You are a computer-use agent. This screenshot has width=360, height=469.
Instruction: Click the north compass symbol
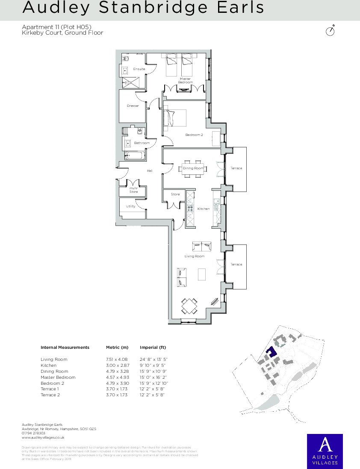tap(330, 31)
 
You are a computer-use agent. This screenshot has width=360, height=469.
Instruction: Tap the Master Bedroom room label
tap(186, 80)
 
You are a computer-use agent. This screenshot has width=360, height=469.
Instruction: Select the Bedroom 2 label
tap(194, 135)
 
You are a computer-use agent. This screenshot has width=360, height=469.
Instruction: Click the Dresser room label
tap(133, 106)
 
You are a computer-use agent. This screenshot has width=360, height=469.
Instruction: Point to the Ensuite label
tap(139, 69)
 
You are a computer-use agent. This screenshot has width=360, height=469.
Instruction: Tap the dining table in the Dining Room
tap(193, 168)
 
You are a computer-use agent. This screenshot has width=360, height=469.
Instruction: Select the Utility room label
tap(130, 206)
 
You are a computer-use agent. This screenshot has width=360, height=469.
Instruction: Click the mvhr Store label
tap(134, 190)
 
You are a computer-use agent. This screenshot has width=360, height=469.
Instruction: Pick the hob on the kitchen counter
tap(190, 209)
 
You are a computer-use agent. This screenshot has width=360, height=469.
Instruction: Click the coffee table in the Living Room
tap(202, 274)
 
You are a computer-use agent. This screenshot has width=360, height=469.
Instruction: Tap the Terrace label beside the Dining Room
tap(236, 168)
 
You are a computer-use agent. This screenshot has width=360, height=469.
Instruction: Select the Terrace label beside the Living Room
tap(236, 264)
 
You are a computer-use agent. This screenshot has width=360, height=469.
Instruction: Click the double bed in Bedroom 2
tap(174, 118)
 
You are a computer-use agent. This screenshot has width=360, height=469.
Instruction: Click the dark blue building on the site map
tap(271, 352)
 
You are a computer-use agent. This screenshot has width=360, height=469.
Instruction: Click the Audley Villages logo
tap(325, 451)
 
